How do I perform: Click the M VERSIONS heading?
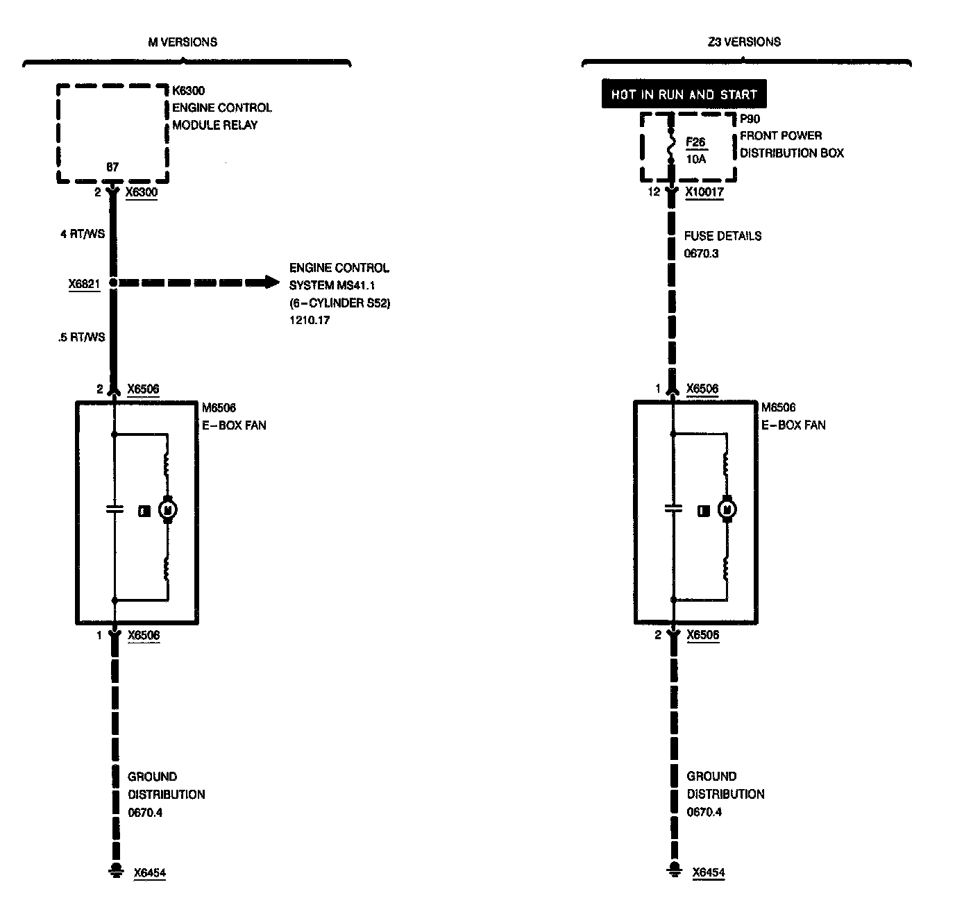[183, 42]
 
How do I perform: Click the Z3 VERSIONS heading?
[744, 42]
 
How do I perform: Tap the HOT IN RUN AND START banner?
[684, 94]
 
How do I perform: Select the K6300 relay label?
[189, 91]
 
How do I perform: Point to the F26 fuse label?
[695, 142]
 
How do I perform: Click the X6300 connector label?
[142, 192]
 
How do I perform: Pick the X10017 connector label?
[704, 192]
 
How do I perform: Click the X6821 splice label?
[85, 283]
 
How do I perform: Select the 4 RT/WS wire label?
[83, 234]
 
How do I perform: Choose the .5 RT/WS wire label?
[83, 337]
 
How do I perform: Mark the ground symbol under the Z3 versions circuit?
[673, 872]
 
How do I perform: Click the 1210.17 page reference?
[310, 321]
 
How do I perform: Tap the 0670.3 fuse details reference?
[701, 253]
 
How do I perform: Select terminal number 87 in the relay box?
[112, 167]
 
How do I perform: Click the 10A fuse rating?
[695, 160]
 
